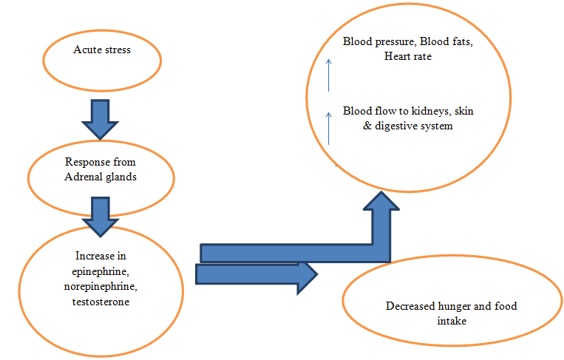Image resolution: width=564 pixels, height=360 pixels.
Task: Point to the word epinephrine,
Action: coord(100,271)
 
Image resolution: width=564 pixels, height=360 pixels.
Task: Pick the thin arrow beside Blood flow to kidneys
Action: coord(330,126)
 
